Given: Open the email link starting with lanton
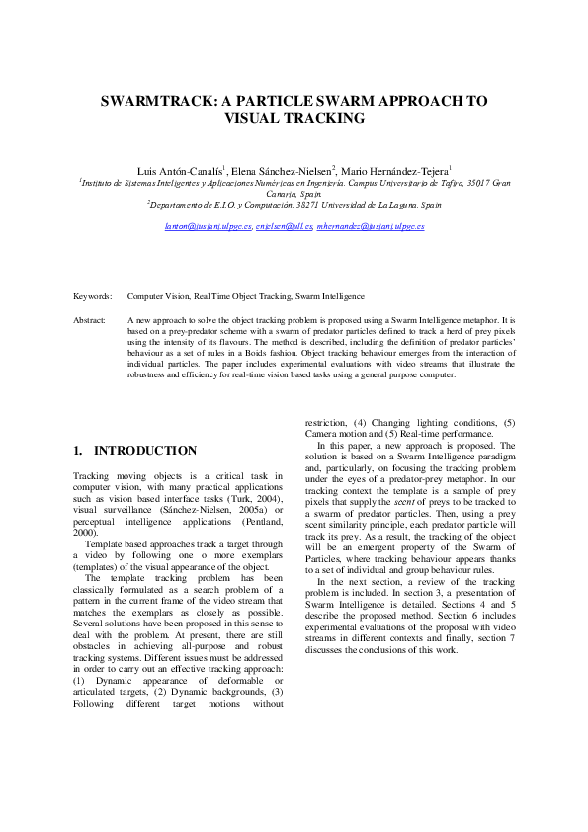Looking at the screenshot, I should tap(209, 226).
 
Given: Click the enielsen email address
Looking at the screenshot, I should tap(284, 226).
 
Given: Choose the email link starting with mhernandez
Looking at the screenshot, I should tap(370, 226).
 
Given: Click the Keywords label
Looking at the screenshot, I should tap(93, 295).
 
